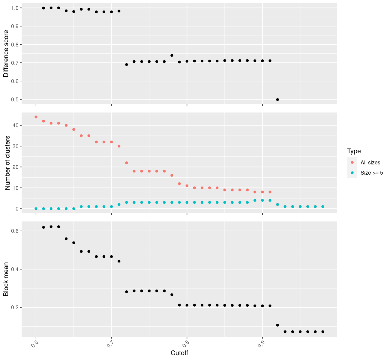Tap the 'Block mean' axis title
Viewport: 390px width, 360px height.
(x=6, y=279)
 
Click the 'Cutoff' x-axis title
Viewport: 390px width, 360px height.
(x=179, y=353)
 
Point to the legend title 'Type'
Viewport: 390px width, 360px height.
(x=354, y=151)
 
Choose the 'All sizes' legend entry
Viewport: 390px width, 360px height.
(x=370, y=163)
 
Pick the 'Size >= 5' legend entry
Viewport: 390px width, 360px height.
(x=372, y=173)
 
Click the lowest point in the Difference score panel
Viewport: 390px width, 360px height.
(x=277, y=100)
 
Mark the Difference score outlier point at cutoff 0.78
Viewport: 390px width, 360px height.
(x=172, y=55)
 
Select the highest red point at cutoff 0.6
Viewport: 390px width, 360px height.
(x=36, y=117)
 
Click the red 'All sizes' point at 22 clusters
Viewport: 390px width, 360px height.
(x=127, y=163)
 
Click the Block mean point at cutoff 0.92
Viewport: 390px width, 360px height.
(x=277, y=325)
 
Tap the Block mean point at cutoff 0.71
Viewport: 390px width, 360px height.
(x=119, y=261)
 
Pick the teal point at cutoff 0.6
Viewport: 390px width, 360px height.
(x=36, y=209)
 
